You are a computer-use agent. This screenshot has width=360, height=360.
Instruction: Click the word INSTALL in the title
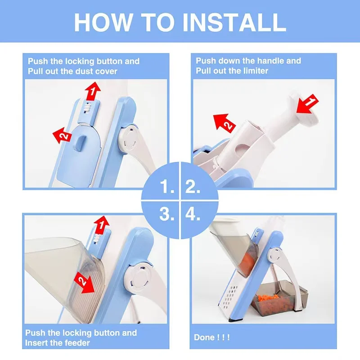click(x=234, y=22)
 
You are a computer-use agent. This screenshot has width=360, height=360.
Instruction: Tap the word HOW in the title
click(x=103, y=22)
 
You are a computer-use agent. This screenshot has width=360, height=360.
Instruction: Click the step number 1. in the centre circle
click(x=167, y=186)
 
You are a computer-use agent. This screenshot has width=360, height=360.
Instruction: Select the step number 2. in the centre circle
click(x=193, y=186)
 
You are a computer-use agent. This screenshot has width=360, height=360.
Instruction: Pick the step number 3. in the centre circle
click(x=166, y=214)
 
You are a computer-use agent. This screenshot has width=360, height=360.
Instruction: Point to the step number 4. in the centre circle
click(x=193, y=214)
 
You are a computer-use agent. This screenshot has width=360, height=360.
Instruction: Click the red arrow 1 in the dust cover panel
click(x=93, y=91)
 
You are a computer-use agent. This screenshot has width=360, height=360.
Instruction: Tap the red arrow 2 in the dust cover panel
click(x=62, y=136)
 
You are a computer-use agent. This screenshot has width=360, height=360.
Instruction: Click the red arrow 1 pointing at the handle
click(x=307, y=104)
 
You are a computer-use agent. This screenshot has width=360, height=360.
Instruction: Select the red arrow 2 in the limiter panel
click(x=224, y=123)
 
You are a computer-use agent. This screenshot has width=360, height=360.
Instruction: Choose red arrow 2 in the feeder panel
click(x=84, y=284)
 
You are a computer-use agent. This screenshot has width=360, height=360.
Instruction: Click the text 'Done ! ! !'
click(x=211, y=337)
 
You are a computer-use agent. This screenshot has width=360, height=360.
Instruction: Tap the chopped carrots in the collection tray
click(x=268, y=298)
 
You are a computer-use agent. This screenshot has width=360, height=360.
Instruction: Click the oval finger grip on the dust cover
click(x=81, y=143)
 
